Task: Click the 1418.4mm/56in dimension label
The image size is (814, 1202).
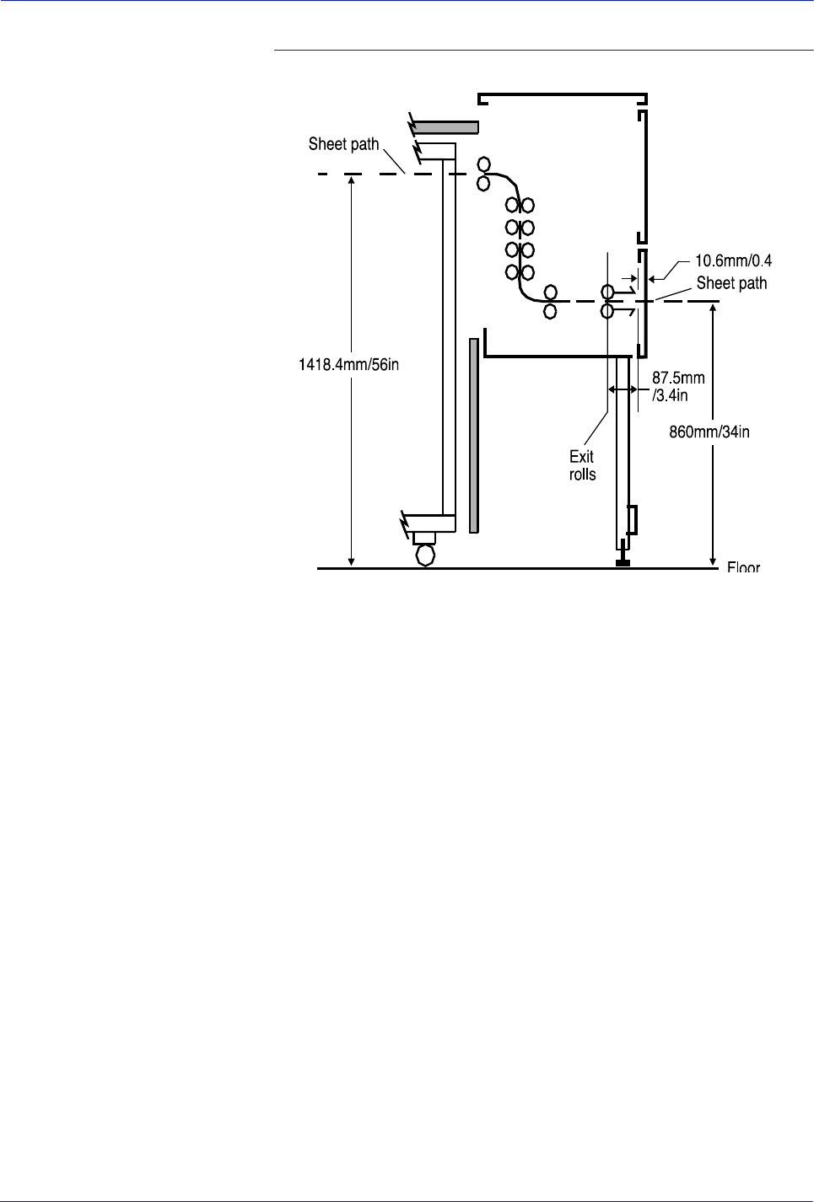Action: [x=348, y=365]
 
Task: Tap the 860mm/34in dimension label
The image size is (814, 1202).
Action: [x=709, y=432]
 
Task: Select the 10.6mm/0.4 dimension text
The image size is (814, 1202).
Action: [x=732, y=261]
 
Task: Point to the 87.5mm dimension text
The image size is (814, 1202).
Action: [x=677, y=378]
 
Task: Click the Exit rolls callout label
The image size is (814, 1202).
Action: [x=582, y=465]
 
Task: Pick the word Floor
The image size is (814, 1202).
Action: [x=743, y=567]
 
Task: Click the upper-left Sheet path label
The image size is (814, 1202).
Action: [x=343, y=144]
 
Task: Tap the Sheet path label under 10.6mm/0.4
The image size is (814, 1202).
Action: [x=731, y=283]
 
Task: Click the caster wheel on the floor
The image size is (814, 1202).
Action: [x=426, y=555]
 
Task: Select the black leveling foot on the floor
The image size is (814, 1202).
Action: [x=623, y=562]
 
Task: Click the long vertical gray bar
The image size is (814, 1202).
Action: [x=474, y=435]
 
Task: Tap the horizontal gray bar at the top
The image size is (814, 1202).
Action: [x=445, y=127]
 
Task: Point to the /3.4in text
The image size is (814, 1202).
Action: [x=670, y=395]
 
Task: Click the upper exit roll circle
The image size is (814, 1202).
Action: [x=607, y=292]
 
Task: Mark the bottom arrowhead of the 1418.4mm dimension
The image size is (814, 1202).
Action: [x=352, y=562]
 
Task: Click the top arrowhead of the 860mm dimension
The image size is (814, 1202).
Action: [x=714, y=308]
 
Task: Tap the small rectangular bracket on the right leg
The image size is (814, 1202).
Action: [x=632, y=519]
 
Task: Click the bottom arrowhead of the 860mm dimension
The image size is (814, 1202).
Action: [x=714, y=562]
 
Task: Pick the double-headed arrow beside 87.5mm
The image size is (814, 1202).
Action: [x=623, y=389]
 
